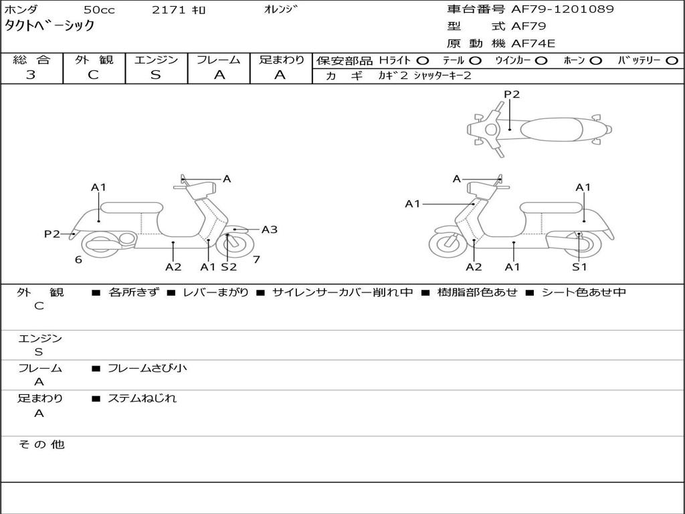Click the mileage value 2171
pyautogui.click(x=169, y=10)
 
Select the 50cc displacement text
pyautogui.click(x=98, y=10)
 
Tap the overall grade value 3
pyautogui.click(x=31, y=75)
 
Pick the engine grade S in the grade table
pyautogui.click(x=156, y=75)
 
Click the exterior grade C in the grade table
pyautogui.click(x=94, y=75)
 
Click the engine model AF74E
pyautogui.click(x=533, y=44)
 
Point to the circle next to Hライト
pyautogui.click(x=423, y=60)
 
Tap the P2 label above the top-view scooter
pyautogui.click(x=512, y=94)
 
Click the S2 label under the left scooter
pyautogui.click(x=229, y=267)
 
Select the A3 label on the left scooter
pyautogui.click(x=269, y=230)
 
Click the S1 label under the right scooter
pyautogui.click(x=579, y=267)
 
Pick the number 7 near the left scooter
pyautogui.click(x=256, y=260)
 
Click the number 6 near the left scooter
pyautogui.click(x=78, y=260)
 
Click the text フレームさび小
pyautogui.click(x=147, y=368)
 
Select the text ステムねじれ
pyautogui.click(x=142, y=398)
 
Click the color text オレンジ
pyautogui.click(x=279, y=9)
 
